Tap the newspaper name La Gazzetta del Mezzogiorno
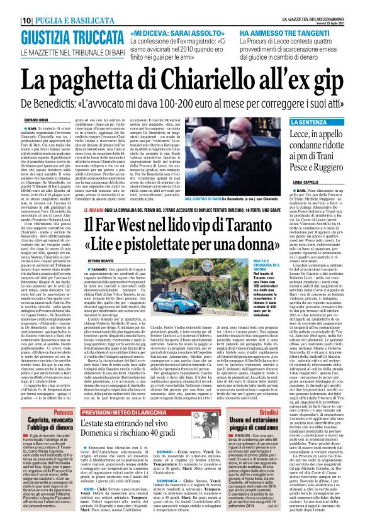pos(318,5)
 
